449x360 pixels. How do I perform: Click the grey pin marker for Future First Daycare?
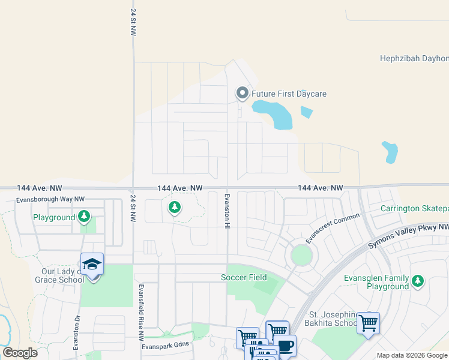click(x=242, y=93)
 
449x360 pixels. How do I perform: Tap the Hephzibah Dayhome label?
click(x=414, y=58)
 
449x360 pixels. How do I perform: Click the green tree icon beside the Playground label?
click(x=85, y=217)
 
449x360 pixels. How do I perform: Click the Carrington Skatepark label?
click(x=414, y=208)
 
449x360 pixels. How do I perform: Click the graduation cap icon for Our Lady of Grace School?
click(x=92, y=264)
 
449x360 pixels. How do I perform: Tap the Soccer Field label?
click(x=244, y=277)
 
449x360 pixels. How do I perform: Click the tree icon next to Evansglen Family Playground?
click(x=418, y=280)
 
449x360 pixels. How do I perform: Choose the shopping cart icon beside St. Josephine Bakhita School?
click(x=367, y=323)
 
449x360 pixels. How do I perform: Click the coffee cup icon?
click(x=286, y=346)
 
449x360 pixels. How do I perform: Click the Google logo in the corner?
click(x=20, y=353)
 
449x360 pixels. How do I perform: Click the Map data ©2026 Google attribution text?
click(x=412, y=355)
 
